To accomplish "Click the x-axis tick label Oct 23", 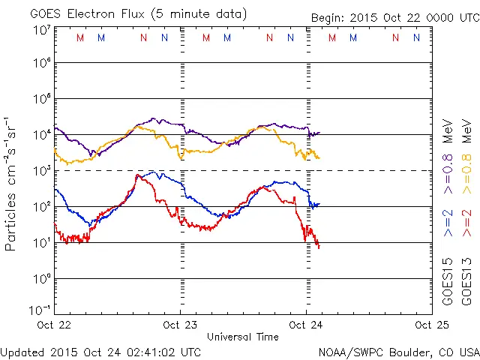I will pos(180,325).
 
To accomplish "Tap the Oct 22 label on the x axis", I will pos(55,325).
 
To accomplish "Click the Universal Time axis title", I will pos(243,337).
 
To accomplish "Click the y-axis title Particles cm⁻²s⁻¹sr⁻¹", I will pos(11,183).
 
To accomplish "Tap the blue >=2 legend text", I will pos(448,223).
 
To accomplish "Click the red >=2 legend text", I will pos(466,223).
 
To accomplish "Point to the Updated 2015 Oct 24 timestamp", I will pos(100,351).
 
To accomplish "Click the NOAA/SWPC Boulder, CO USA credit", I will pos(398,351).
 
